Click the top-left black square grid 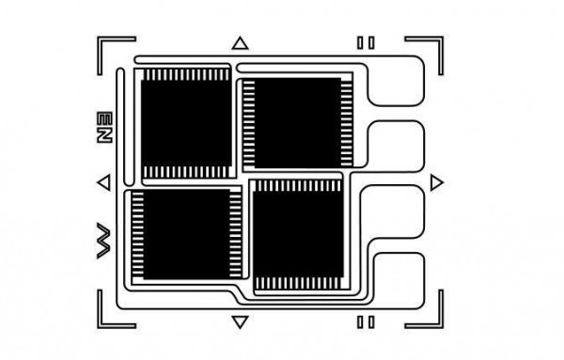[184, 121]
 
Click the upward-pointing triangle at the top [240, 42]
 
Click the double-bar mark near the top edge [366, 42]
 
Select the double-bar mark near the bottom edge [366, 322]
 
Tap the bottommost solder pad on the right [397, 276]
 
